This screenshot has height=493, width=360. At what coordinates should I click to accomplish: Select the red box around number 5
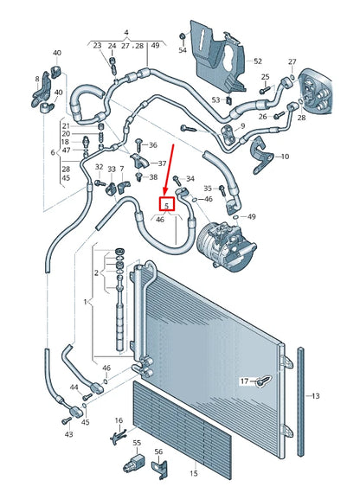(165, 205)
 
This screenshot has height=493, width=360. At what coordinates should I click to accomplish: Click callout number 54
(182, 51)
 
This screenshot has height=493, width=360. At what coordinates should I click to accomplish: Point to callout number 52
(257, 61)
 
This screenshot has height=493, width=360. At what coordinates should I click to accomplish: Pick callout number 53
(216, 100)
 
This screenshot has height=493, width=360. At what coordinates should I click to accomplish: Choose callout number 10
(282, 157)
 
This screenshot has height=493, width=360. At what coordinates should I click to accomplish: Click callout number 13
(316, 396)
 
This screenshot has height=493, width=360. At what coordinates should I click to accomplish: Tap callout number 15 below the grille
(194, 474)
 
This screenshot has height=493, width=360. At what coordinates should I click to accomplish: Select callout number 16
(119, 420)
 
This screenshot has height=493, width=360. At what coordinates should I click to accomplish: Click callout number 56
(158, 451)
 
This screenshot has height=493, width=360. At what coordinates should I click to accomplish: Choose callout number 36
(153, 145)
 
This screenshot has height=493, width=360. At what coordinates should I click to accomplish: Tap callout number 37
(153, 163)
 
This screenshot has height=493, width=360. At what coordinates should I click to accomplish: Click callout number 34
(190, 179)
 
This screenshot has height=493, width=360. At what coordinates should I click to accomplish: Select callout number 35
(208, 188)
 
